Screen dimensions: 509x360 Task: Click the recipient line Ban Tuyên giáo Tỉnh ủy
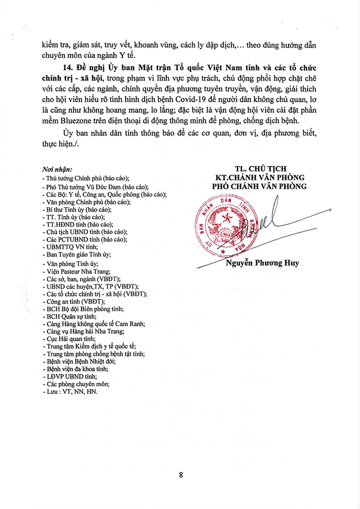79,255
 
